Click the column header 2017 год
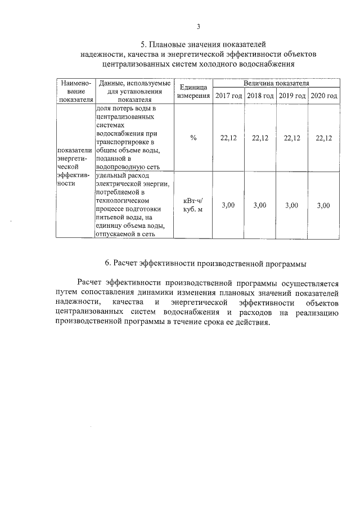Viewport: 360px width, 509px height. tap(228, 96)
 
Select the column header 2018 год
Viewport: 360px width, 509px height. tap(260, 96)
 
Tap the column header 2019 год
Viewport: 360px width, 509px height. tap(292, 96)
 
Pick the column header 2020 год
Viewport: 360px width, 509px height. tap(324, 96)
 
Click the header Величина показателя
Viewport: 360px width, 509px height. tap(276, 83)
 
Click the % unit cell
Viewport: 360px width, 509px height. tap(193, 138)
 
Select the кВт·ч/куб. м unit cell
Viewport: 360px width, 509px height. tap(193, 205)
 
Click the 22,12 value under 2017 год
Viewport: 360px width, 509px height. tap(228, 138)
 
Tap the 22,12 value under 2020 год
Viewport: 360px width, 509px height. tap(324, 138)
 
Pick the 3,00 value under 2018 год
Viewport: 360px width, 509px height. tap(260, 205)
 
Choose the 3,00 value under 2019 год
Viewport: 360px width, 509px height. tap(292, 205)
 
